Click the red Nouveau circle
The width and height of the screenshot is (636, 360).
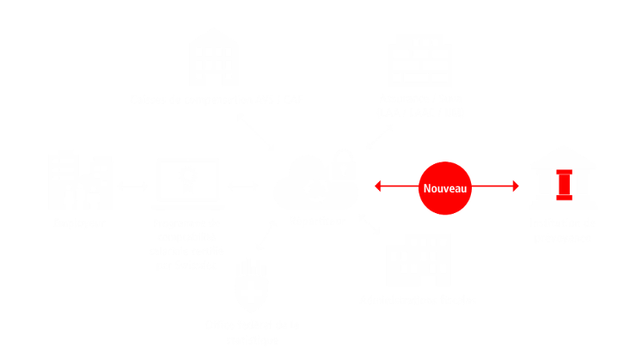pyautogui.click(x=444, y=186)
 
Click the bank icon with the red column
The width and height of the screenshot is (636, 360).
pyautogui.click(x=563, y=178)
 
